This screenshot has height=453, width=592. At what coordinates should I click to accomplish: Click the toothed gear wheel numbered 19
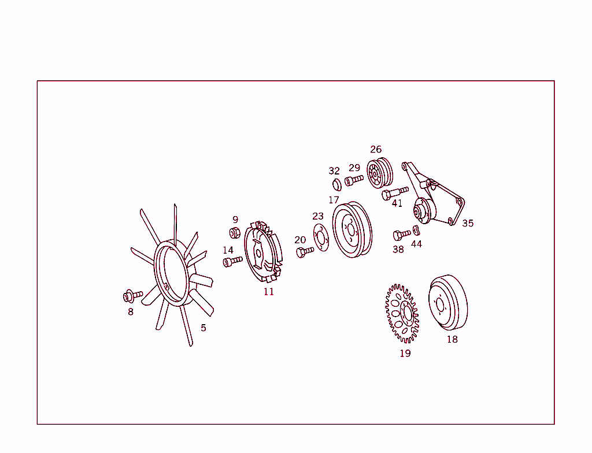402,314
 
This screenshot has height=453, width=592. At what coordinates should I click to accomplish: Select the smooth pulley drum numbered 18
448,302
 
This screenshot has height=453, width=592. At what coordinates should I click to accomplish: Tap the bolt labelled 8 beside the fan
133,296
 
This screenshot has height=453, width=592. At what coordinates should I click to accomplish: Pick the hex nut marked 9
235,233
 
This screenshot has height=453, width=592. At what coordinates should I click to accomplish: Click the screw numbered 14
232,261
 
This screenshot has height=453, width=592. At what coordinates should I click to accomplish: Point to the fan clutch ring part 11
263,252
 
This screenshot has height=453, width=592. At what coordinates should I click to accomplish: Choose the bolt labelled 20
305,252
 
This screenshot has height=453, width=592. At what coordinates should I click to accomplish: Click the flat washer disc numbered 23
321,238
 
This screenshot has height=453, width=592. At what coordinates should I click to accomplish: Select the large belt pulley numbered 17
352,230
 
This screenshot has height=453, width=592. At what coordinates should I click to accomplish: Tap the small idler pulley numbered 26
380,173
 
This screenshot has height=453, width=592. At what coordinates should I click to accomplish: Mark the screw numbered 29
354,180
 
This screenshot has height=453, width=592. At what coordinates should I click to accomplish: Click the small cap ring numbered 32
337,185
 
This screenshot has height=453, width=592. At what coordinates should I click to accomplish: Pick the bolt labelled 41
395,194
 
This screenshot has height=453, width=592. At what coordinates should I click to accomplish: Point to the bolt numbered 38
402,235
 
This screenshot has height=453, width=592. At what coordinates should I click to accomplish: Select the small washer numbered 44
416,231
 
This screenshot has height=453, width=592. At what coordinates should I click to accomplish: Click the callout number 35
468,224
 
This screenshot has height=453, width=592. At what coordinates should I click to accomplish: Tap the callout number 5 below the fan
203,328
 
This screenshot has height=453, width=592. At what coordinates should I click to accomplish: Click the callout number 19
405,354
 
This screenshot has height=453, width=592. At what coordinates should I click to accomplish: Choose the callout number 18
452,339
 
